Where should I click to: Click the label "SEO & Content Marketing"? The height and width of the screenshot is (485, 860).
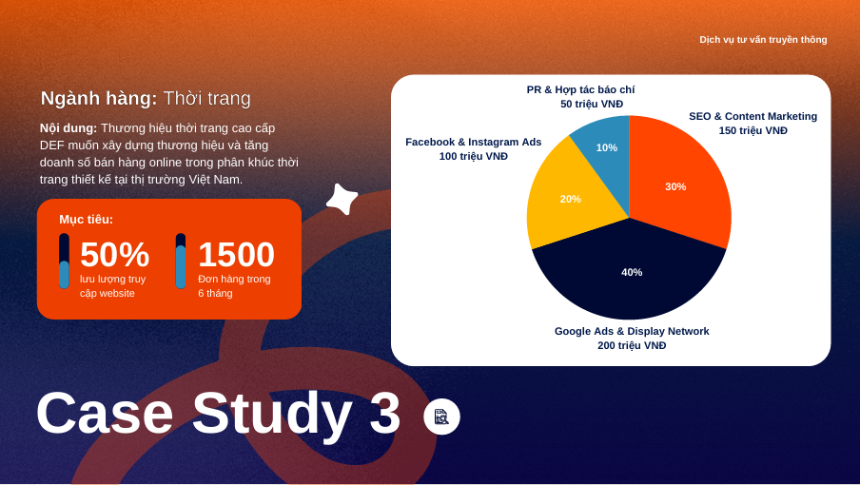coord(753,116)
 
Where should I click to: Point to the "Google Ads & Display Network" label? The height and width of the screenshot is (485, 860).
coord(632,331)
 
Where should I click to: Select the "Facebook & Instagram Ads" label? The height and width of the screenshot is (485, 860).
coord(474,142)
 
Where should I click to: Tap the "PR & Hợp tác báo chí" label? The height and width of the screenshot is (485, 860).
coord(580,90)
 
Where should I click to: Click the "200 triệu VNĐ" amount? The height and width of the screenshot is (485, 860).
coord(632,345)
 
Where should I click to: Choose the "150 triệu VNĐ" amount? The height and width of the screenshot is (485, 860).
coord(753,130)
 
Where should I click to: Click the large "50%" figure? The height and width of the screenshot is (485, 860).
coord(114,254)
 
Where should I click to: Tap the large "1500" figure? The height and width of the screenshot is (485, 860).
coord(236,254)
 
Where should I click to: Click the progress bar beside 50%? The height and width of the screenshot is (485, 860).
coord(64,261)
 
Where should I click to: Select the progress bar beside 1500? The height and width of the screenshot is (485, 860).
coord(181,261)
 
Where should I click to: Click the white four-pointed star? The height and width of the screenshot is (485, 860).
coord(342,199)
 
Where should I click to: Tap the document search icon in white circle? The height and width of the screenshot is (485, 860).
coord(441,417)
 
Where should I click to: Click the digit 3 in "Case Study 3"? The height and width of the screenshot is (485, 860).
coord(384,412)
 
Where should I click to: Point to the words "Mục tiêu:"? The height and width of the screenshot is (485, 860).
coord(87,220)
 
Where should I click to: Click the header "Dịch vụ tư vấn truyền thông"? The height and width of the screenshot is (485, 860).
coord(763,39)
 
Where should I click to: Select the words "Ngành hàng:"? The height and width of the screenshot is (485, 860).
coord(99,99)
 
